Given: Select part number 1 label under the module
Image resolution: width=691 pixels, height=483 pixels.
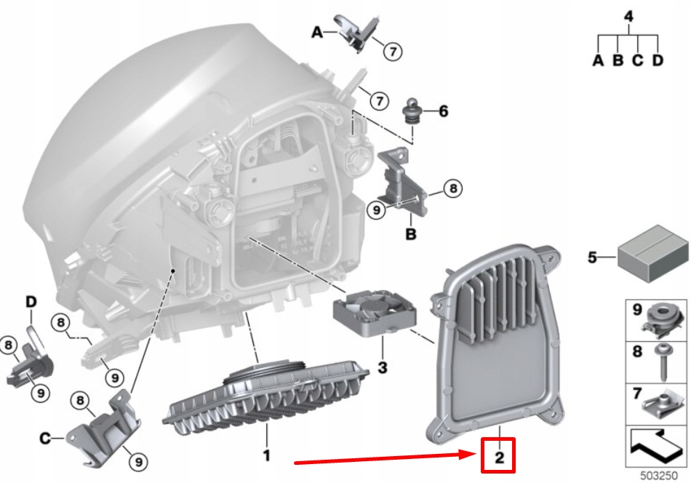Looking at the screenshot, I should pos(266,455).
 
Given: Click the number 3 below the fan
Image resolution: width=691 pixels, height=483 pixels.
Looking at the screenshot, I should pos(383,367).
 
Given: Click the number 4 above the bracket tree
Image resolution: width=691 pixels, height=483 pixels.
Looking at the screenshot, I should pos(628,16).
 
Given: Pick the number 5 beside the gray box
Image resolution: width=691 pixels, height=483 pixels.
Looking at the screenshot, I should pos(593,257).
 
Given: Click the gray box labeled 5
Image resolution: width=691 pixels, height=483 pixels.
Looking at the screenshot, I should pos(652,254).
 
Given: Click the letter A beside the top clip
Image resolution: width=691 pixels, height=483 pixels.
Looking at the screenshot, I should pos(317,32).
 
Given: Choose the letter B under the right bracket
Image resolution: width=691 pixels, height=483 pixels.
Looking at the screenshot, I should pos(410,234).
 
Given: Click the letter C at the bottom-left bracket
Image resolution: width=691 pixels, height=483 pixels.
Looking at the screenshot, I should pos(45,438).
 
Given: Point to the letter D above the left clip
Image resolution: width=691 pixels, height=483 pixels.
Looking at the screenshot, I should pos(31,301).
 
